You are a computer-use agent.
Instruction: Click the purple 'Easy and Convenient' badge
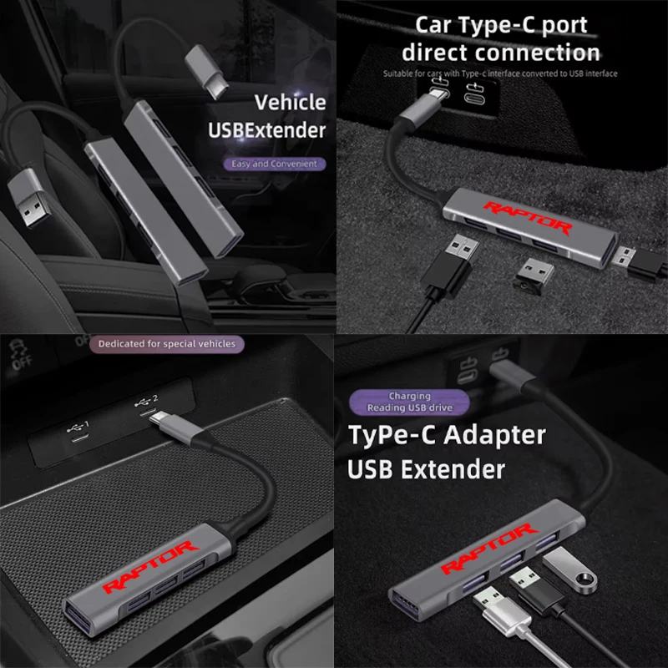coord(275,164)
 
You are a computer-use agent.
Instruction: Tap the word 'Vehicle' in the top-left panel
coord(290,103)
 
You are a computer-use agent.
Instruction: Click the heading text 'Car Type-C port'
coord(500,24)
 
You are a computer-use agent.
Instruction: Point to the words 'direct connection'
coord(500,52)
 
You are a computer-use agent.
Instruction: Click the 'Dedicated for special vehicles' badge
coord(166,343)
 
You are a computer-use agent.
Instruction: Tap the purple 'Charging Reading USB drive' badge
coord(409,402)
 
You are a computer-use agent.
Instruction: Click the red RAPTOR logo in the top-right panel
coord(529,219)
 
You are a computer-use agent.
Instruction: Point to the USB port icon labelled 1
coord(77,433)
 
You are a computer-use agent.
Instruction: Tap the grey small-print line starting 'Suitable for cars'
coord(500,74)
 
